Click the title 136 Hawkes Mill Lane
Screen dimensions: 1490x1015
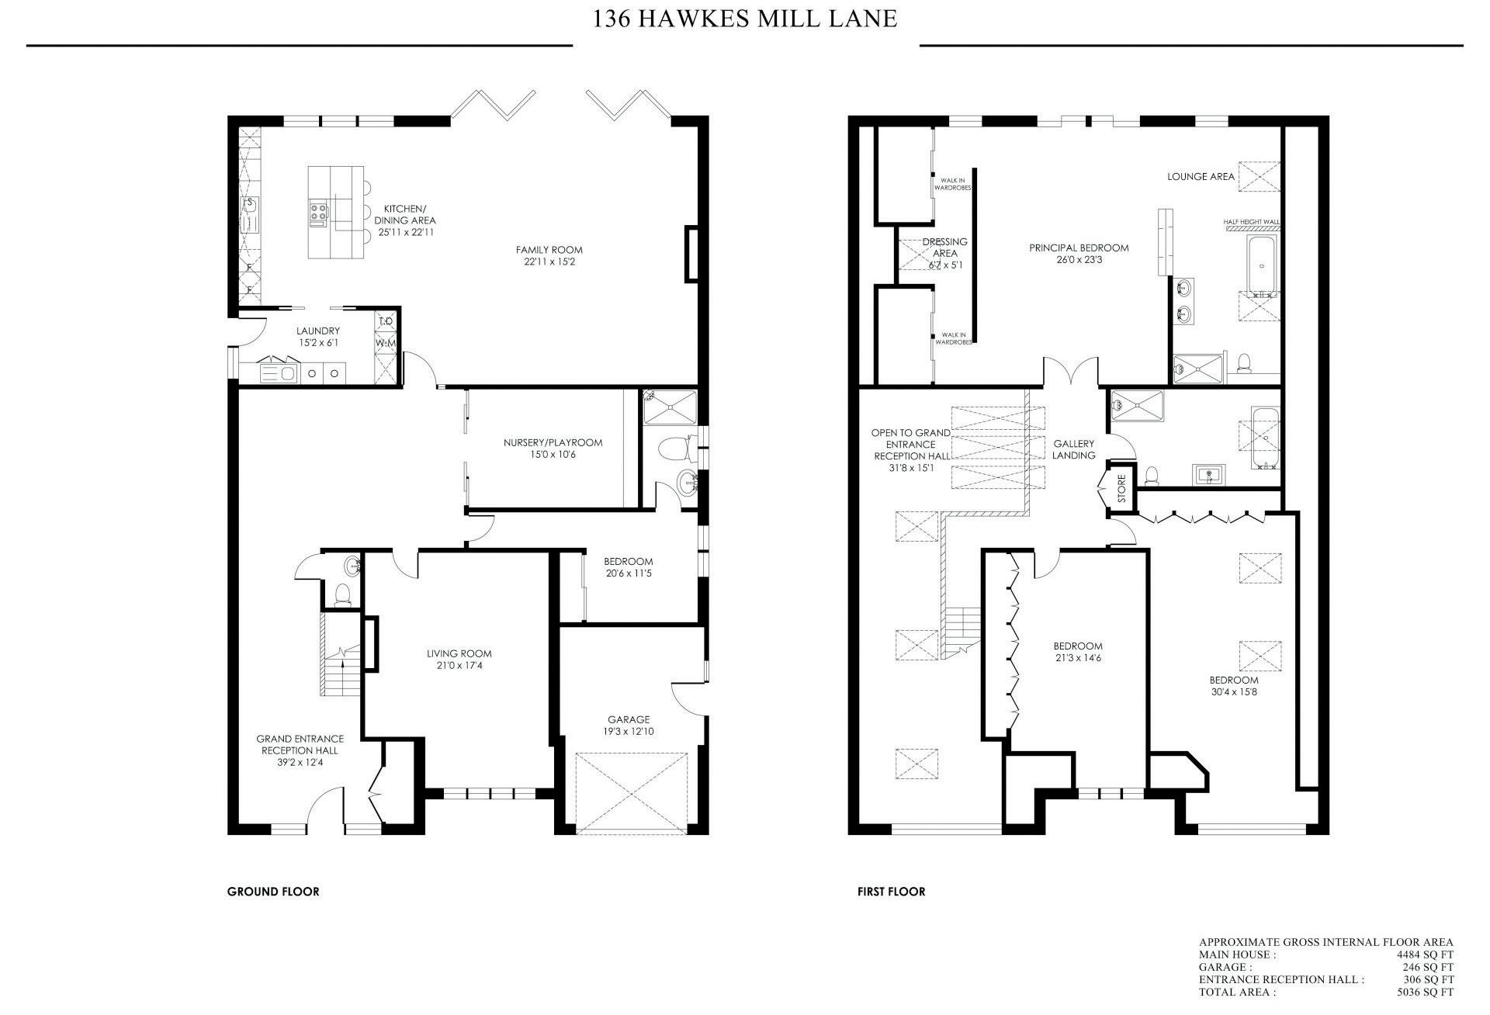tap(745, 18)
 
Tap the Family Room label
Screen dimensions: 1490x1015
tap(549, 250)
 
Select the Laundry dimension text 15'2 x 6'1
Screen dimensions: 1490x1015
tap(318, 342)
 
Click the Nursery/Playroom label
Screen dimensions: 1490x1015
tap(553, 443)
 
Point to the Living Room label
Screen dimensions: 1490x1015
tap(459, 653)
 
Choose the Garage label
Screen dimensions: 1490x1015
tap(629, 719)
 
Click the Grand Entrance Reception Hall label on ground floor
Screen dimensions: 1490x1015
tap(300, 745)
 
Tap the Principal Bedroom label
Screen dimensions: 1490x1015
tap(1079, 248)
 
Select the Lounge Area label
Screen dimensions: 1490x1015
tap(1201, 177)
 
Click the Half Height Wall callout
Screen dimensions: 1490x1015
tap(1251, 222)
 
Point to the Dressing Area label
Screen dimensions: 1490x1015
tap(944, 248)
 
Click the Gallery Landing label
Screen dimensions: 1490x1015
tap(1074, 449)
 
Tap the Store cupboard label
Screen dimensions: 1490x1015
tap(1121, 489)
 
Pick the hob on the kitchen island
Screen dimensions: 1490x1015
tap(319, 211)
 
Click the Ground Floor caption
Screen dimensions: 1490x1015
tap(273, 892)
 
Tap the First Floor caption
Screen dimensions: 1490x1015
tap(891, 892)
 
